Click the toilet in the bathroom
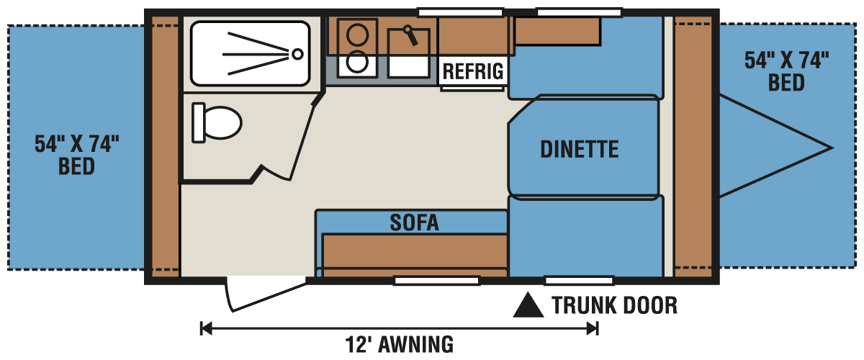coord(216,122)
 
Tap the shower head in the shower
coord(297,53)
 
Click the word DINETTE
coord(580,149)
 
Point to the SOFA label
coord(414,222)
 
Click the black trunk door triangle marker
coord(528,306)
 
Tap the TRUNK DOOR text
coord(614,305)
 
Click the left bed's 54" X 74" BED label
coord(76,156)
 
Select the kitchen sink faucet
coord(410,34)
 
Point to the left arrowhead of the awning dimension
coord(206,328)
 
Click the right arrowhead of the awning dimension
coord(593,328)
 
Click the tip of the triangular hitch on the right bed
coord(832,148)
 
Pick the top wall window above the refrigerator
coord(460,12)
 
